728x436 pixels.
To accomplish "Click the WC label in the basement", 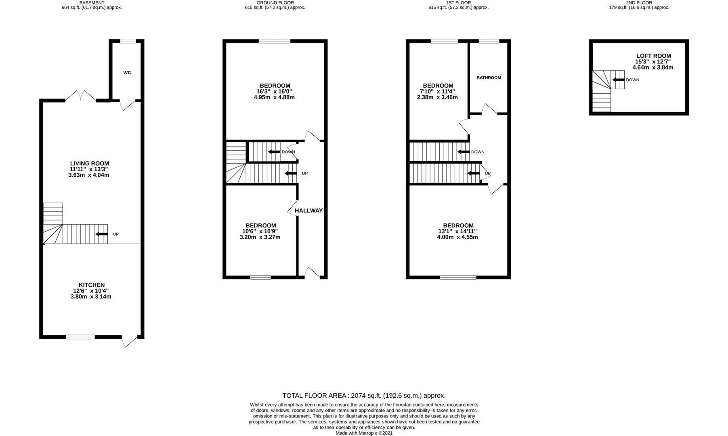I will pos(127,73).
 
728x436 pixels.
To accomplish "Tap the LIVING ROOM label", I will pos(89,163).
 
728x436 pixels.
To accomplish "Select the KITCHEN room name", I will pos(91,285).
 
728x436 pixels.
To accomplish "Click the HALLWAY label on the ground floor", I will pos(308,211).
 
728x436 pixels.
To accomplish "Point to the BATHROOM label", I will pos(489,78).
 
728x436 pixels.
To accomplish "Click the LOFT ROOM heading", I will pos(653,56).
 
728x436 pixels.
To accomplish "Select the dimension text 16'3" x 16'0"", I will pos(275,92).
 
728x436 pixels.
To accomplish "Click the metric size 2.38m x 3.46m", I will pos(438,97).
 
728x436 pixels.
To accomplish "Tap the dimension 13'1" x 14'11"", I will pos(458,231).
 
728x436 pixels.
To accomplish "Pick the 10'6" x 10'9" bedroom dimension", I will pos(260,231).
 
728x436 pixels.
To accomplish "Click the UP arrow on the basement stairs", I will pos(101,234).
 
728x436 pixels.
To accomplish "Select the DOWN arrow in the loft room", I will pos(618,80).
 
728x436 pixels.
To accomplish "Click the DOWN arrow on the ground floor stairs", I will pos(275,152).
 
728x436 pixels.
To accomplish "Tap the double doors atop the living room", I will pos(81,96).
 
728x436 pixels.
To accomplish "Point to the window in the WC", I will pos(128,41).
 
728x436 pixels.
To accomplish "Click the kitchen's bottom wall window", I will pos(80,337).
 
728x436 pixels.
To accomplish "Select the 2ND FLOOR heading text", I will pos(639,3).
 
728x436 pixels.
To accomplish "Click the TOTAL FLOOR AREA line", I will pos(363,396).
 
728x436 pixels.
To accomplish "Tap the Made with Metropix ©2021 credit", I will pos(363,433).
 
